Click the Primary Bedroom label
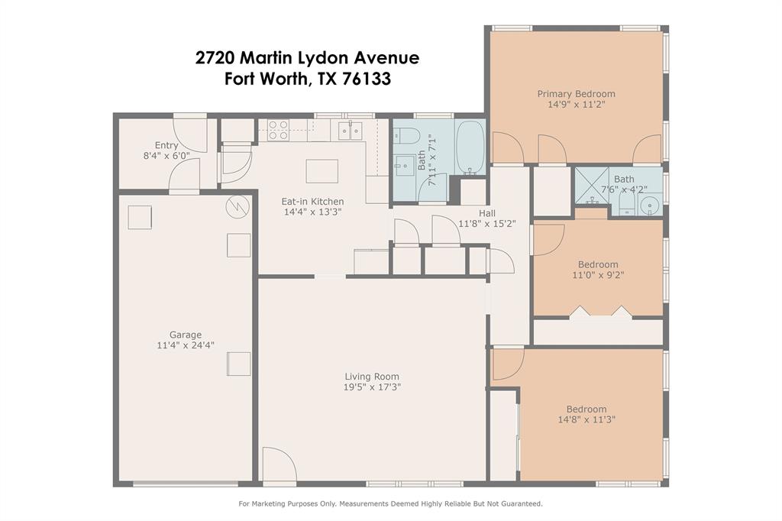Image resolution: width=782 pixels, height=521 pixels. tap(576, 94)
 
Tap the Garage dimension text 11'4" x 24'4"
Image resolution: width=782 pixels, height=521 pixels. tap(186, 345)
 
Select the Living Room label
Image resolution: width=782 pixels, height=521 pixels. tap(372, 377)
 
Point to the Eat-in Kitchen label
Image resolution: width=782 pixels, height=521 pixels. tap(312, 202)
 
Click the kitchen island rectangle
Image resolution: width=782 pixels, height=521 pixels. tap(322, 172)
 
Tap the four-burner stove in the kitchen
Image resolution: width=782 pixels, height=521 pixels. tap(278, 130)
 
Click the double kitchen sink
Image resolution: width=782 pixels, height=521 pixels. tap(350, 131)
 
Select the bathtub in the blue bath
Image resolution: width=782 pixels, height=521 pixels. tap(470, 147)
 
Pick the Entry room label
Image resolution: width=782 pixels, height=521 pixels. tap(166, 145)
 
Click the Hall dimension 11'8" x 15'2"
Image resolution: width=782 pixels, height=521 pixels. tap(487, 224)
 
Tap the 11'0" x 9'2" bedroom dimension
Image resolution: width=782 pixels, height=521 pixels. tap(598, 275)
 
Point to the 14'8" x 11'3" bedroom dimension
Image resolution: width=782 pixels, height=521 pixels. tap(586, 419)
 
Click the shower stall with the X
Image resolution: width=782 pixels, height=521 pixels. tap(592, 186)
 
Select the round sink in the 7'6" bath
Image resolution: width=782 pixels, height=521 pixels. tap(649, 205)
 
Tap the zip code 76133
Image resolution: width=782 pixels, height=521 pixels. tap(367, 79)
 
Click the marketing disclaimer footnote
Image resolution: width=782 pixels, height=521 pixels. tap(390, 504)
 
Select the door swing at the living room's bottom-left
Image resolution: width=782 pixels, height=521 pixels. tap(280, 464)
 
